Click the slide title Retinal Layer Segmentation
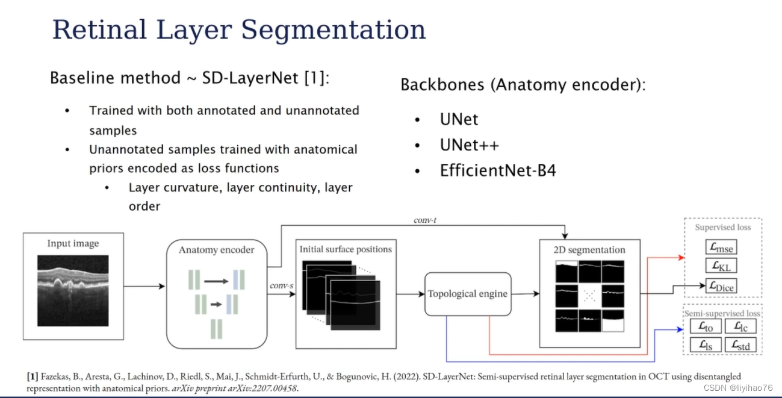tap(239, 30)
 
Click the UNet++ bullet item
tap(469, 145)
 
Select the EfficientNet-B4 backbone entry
tap(498, 170)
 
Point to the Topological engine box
tap(468, 294)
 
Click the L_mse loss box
tap(721, 247)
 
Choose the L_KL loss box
tap(721, 266)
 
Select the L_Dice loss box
tap(721, 286)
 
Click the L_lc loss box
tap(740, 327)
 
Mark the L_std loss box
tap(740, 346)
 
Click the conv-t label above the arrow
tap(425, 220)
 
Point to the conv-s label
tap(282, 284)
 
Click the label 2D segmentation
tap(589, 250)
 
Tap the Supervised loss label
tap(722, 228)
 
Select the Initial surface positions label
tap(346, 249)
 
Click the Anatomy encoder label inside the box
tap(216, 249)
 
